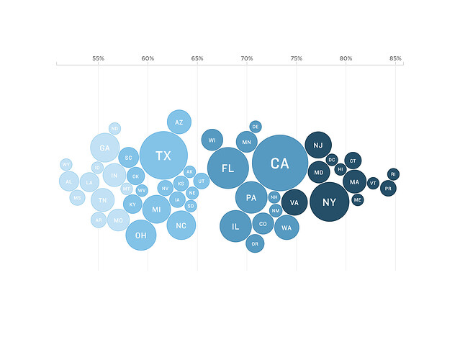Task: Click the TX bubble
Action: point(163,156)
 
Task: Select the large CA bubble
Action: point(280,163)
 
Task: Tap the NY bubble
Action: point(329,202)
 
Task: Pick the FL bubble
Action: point(227,168)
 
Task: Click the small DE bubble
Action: point(256,127)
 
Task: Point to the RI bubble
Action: point(393,174)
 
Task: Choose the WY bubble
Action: point(66,164)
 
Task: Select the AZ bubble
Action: point(179,122)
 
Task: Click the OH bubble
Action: point(141,235)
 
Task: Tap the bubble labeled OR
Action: point(255,244)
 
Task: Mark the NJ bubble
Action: point(318,145)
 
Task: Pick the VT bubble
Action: point(373,183)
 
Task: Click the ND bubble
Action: point(114,128)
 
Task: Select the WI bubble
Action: point(212,140)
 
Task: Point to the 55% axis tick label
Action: point(98,58)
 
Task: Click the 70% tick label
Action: point(247,58)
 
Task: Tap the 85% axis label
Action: point(395,58)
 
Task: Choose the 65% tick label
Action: point(197,58)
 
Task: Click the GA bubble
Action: point(104,148)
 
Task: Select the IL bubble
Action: point(235,226)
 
